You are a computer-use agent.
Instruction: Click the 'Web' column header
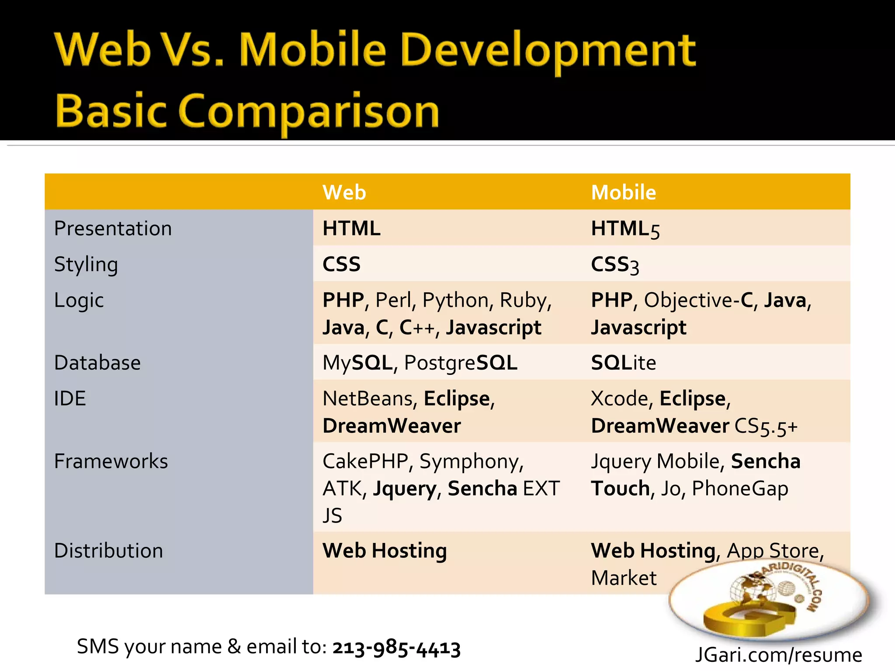(344, 193)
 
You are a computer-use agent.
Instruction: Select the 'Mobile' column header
(623, 193)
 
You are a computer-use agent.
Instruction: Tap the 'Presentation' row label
(113, 228)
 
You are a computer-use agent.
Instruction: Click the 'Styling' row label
(86, 265)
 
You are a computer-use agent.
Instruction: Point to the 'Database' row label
(97, 363)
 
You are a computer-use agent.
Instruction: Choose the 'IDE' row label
(70, 398)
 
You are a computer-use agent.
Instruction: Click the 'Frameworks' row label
(111, 461)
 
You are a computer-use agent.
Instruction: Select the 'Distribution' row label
(108, 551)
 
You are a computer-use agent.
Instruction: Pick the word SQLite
(623, 363)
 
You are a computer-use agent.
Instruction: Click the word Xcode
(618, 398)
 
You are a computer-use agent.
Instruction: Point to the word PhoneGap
(740, 489)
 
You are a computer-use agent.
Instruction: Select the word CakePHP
(365, 461)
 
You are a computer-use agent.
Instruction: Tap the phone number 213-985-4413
(396, 648)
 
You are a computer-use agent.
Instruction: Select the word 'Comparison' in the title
(308, 112)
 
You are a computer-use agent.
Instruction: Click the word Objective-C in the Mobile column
(698, 301)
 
